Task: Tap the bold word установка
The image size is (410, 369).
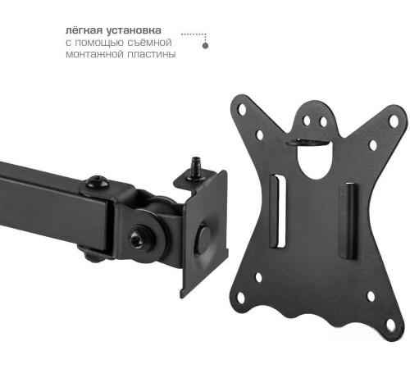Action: point(134,30)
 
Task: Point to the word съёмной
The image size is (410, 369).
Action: point(149,42)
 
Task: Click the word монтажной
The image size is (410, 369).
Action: point(94,54)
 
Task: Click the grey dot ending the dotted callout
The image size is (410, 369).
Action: point(206,46)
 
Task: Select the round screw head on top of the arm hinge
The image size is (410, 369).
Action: point(97,182)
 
